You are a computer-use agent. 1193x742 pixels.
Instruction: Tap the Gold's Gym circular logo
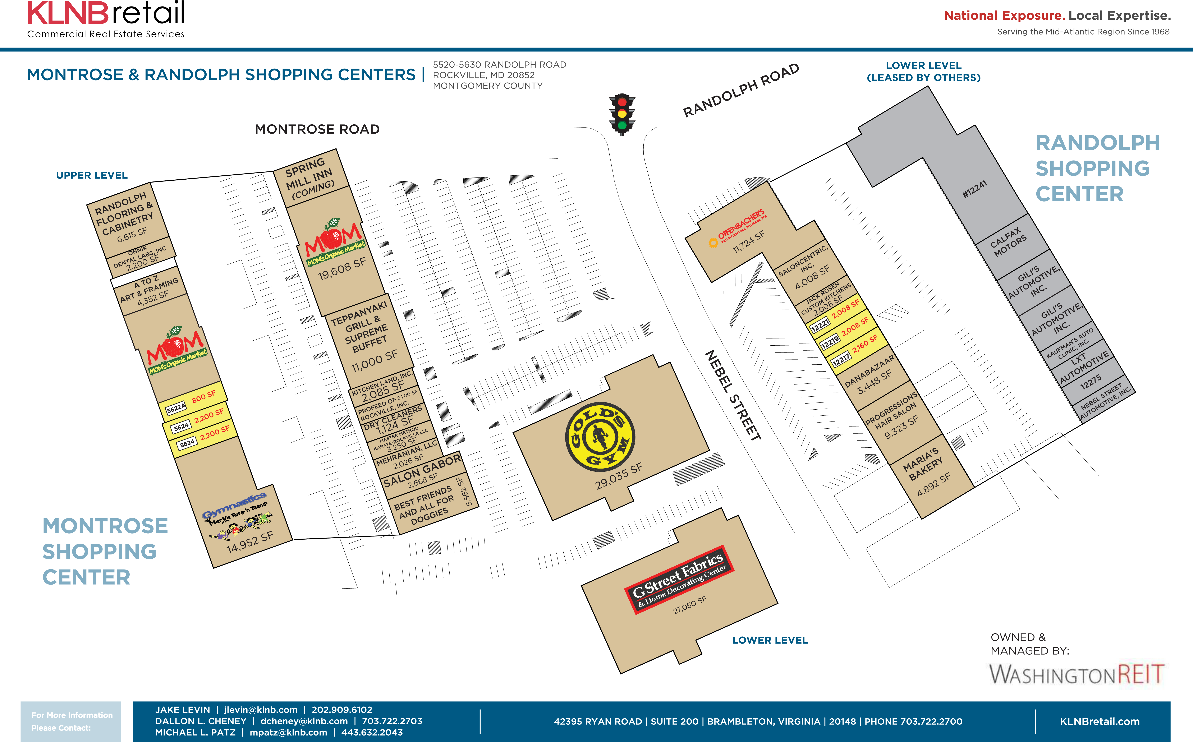click(x=600, y=436)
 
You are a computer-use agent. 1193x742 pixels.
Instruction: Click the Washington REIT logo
click(x=1076, y=674)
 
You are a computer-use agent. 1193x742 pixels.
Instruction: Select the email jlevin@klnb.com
click(x=261, y=710)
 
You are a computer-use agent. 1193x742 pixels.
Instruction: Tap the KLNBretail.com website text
click(x=1099, y=721)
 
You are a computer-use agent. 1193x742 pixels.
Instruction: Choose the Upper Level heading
click(x=92, y=175)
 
